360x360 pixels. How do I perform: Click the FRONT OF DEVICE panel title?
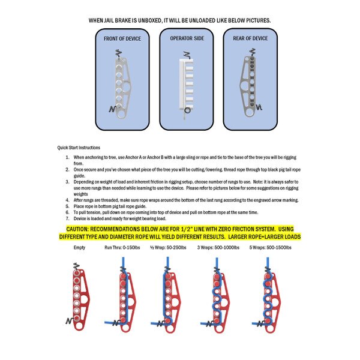click(123, 38)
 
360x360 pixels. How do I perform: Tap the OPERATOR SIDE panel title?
click(185, 38)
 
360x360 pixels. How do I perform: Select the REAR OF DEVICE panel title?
click(250, 38)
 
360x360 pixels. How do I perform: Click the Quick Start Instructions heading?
click(79, 148)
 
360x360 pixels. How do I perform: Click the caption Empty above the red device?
click(79, 247)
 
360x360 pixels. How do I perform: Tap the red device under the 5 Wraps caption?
click(268, 294)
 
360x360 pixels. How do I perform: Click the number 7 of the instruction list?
click(68, 218)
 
